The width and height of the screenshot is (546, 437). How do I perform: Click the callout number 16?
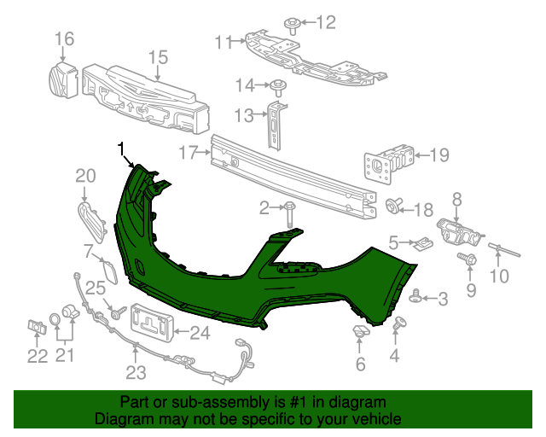click(65, 38)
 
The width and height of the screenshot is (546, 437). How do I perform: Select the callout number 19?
click(439, 154)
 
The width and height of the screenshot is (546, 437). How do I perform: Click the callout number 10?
click(499, 276)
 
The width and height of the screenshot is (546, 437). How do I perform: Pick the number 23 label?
click(136, 372)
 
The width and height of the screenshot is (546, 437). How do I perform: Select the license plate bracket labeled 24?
click(153, 322)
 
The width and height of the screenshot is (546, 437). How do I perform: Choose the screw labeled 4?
click(399, 323)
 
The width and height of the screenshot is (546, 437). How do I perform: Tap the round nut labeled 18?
click(394, 205)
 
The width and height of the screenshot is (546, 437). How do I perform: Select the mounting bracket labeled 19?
click(389, 162)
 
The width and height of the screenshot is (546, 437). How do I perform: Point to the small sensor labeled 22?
click(37, 327)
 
